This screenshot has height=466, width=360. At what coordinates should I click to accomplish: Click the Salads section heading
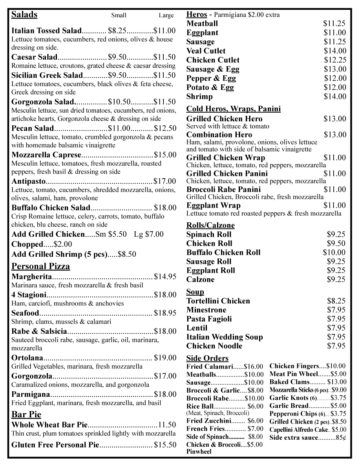pos(24,15)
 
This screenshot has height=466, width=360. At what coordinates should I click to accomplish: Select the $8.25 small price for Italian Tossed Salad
pos(117,31)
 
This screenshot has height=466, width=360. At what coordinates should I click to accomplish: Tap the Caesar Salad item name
pos(35,57)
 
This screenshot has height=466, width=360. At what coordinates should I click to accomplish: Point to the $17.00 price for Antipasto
pos(165,181)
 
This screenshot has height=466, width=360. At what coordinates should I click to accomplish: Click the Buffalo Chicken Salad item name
pos(51,208)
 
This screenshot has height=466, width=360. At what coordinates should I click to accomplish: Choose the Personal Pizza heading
pos(40,267)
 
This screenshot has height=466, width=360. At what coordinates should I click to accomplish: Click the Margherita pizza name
pos(32,277)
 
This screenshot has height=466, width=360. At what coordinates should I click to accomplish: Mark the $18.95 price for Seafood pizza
pos(165,313)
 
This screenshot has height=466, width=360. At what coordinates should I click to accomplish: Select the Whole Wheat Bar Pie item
pos(49,425)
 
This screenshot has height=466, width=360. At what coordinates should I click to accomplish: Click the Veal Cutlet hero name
pos(206,51)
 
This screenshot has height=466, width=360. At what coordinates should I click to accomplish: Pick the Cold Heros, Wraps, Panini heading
pos(233,109)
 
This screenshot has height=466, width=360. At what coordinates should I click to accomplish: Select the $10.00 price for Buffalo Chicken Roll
pos(334,252)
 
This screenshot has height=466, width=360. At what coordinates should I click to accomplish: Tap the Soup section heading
pos(195,292)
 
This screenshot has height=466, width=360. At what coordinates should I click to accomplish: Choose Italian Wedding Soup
pos(225,337)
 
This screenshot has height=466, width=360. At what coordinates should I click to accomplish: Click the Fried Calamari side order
pos(210,367)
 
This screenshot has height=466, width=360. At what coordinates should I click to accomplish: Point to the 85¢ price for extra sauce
pos(340,438)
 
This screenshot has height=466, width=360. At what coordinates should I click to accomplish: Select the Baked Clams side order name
pos(289,382)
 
